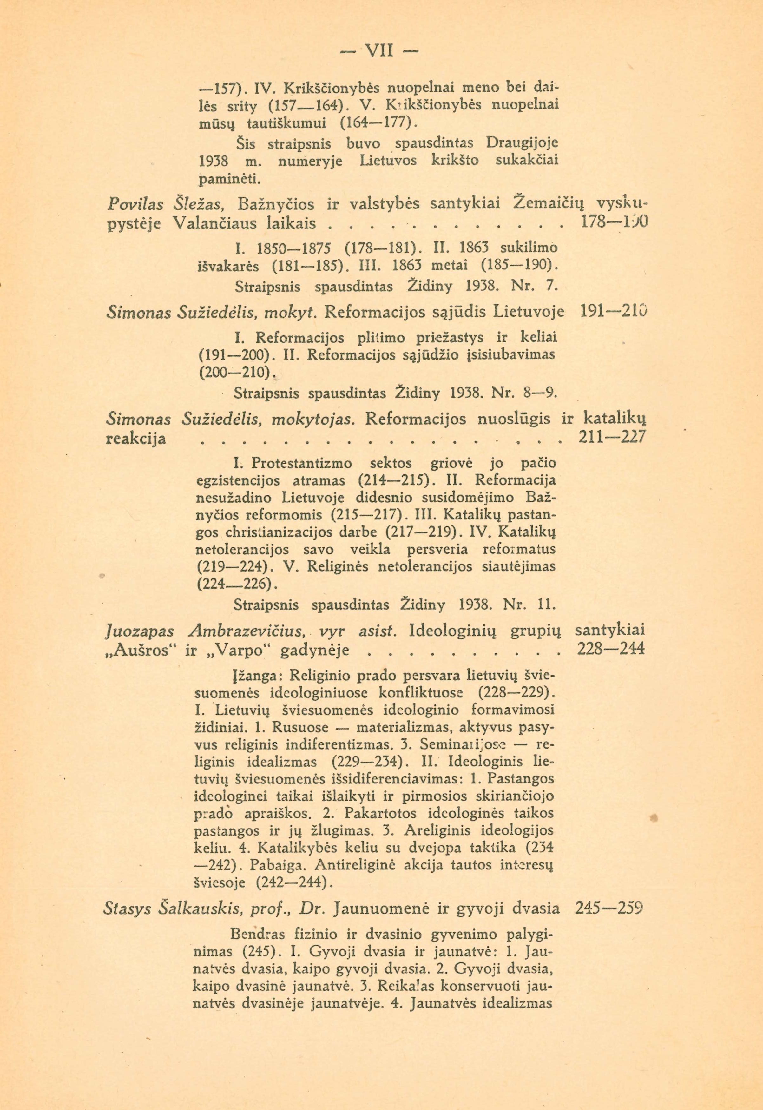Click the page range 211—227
click(612, 437)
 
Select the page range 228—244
click(611, 649)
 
